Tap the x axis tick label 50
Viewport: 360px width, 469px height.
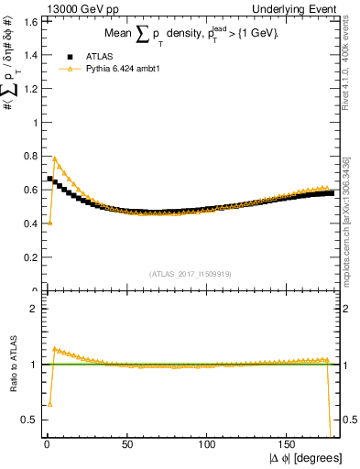click(x=127, y=445)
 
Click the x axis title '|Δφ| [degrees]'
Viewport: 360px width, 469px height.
click(x=304, y=458)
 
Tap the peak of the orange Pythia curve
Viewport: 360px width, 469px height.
click(x=55, y=158)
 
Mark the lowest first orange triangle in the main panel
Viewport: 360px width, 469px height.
click(x=49, y=222)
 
